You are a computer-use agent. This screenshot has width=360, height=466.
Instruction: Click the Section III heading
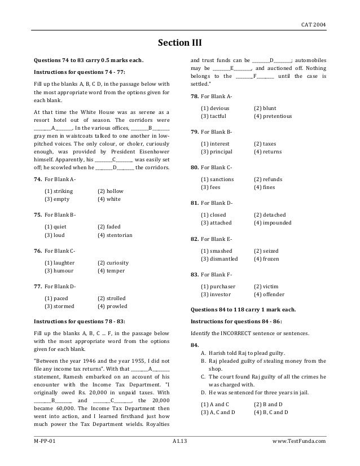(179, 43)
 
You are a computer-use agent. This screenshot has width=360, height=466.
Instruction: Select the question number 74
(38, 179)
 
